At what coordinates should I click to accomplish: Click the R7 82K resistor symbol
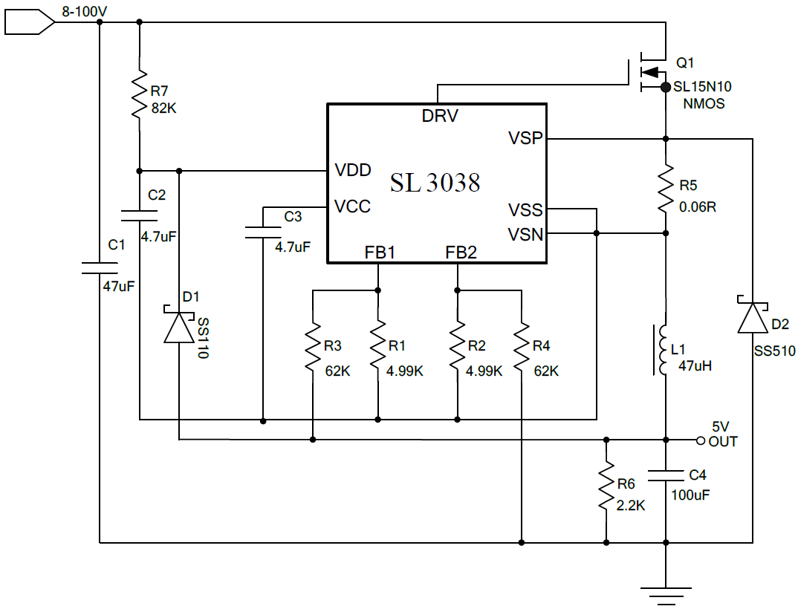(139, 95)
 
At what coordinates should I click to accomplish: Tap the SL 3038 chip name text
(435, 182)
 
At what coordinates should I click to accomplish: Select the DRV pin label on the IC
(440, 116)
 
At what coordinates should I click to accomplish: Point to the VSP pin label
(525, 138)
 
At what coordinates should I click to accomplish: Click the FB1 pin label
(379, 253)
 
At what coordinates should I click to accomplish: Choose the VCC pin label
(352, 206)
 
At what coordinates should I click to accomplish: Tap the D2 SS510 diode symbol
(753, 317)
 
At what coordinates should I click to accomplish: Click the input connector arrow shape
(29, 24)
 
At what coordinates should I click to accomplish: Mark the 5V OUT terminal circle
(700, 440)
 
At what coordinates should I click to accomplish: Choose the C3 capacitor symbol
(262, 232)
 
